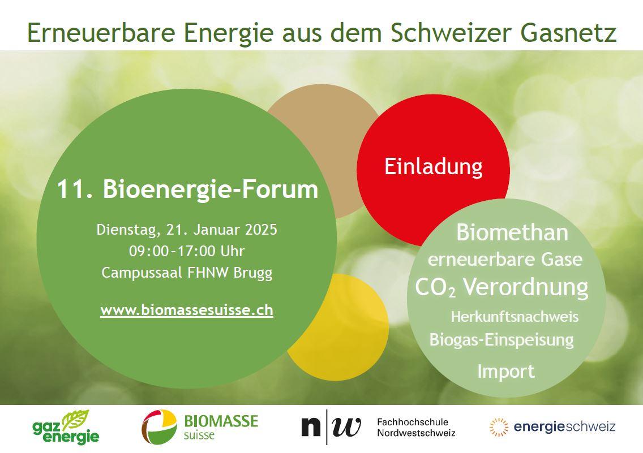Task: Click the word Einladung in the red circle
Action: tap(434, 167)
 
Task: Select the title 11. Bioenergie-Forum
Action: tap(187, 189)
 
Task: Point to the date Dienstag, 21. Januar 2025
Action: tap(187, 230)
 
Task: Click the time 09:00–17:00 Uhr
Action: tap(187, 251)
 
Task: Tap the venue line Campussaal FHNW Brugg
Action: tap(187, 273)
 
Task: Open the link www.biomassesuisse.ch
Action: tap(187, 310)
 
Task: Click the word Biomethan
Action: tap(512, 232)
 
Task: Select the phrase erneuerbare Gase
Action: tap(505, 260)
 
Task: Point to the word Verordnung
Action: tap(526, 287)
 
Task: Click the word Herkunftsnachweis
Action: tap(515, 317)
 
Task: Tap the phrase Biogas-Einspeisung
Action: tap(501, 340)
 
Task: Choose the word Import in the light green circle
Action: tap(506, 372)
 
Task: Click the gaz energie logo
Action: tap(66, 427)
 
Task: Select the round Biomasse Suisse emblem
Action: tap(160, 427)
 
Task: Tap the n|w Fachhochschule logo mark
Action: tap(331, 427)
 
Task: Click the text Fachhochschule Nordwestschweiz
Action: tap(416, 427)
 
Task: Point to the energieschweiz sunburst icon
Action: tap(499, 427)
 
